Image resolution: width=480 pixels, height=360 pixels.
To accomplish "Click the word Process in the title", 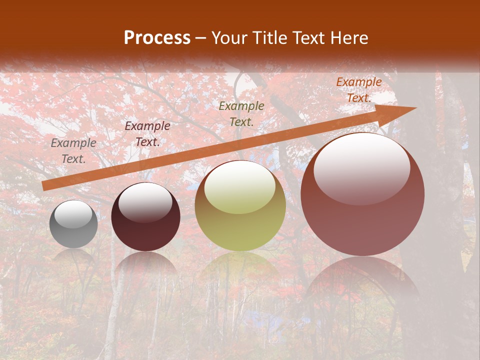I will tap(157, 38).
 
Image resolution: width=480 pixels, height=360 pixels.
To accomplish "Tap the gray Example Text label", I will tap(73, 151).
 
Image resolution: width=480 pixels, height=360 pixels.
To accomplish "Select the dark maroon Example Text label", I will tap(147, 134).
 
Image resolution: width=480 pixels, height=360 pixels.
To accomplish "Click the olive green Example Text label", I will tap(241, 113).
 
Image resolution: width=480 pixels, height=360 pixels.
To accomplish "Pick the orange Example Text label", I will tap(358, 90).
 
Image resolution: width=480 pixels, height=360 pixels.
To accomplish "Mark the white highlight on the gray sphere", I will tap(73, 214).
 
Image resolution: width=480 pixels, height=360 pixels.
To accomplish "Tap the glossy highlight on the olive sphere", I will tap(240, 188).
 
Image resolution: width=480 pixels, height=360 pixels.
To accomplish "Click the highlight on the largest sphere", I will tap(362, 167).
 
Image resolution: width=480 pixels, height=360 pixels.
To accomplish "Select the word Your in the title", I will tap(229, 38).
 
